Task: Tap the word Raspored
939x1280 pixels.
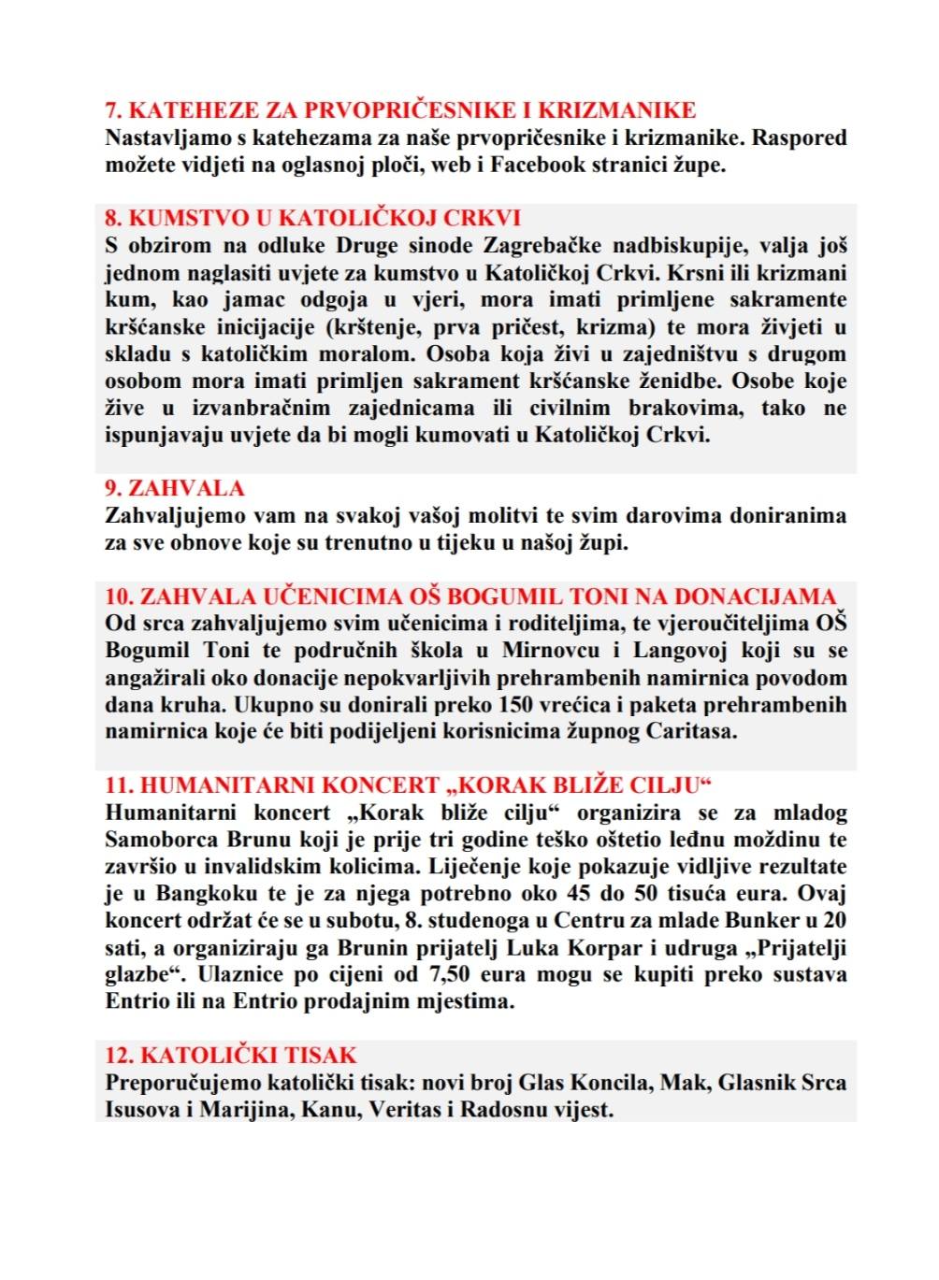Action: [800, 138]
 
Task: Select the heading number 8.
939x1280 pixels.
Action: [113, 219]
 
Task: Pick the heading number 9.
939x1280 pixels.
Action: [113, 488]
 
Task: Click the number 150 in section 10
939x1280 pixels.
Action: [516, 705]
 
